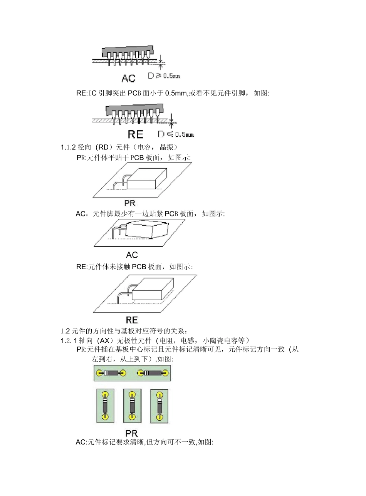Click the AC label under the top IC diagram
(x=128, y=79)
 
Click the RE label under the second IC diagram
(x=135, y=134)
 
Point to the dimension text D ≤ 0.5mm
(x=176, y=134)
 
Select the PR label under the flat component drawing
(x=130, y=203)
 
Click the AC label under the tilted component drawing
(x=132, y=255)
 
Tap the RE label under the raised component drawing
(x=132, y=320)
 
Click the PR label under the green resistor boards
(x=132, y=433)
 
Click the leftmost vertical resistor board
(x=105, y=406)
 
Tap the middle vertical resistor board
(x=132, y=406)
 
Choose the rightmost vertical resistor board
(x=159, y=406)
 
